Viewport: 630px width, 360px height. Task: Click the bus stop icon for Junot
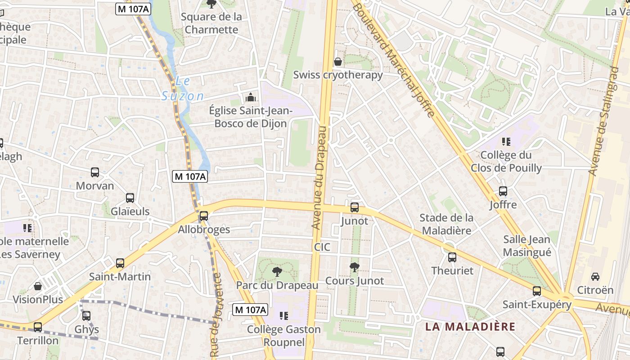pyautogui.click(x=355, y=207)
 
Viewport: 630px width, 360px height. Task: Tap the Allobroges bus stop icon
pyautogui.click(x=204, y=216)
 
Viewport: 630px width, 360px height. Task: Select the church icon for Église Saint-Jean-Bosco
pyautogui.click(x=251, y=97)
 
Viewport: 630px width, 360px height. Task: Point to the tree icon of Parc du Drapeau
pyautogui.click(x=277, y=271)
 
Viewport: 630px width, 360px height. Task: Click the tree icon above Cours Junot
pyautogui.click(x=355, y=267)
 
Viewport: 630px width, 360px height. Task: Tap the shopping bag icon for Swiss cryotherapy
pyautogui.click(x=337, y=62)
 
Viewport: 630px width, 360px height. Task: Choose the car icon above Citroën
pyautogui.click(x=595, y=276)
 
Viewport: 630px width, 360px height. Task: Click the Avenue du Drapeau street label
pyautogui.click(x=320, y=178)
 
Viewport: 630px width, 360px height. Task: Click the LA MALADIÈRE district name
pyautogui.click(x=470, y=327)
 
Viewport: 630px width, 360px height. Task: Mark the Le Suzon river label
pyautogui.click(x=183, y=89)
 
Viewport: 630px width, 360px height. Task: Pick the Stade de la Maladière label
pyautogui.click(x=446, y=224)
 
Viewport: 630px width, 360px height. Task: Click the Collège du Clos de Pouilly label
pyautogui.click(x=506, y=162)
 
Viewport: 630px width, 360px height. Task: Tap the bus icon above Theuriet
pyautogui.click(x=452, y=257)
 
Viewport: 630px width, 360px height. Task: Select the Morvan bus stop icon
pyautogui.click(x=95, y=172)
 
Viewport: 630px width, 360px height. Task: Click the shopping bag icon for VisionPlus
pyautogui.click(x=38, y=286)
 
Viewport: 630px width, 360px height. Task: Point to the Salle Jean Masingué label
pyautogui.click(x=527, y=246)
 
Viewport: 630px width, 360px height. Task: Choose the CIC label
pyautogui.click(x=322, y=247)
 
